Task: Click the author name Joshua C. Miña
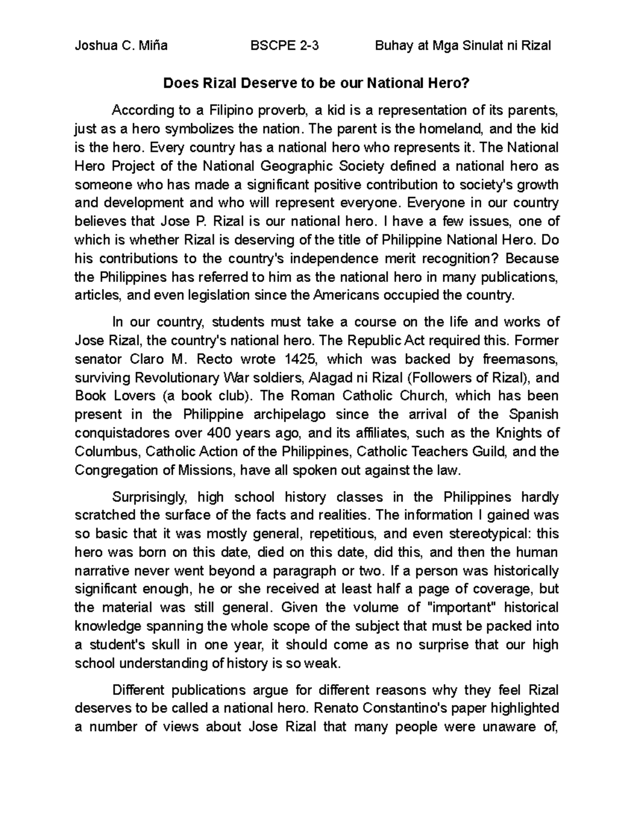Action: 121,46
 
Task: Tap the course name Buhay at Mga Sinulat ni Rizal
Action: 463,46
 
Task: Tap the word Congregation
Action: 116,470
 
